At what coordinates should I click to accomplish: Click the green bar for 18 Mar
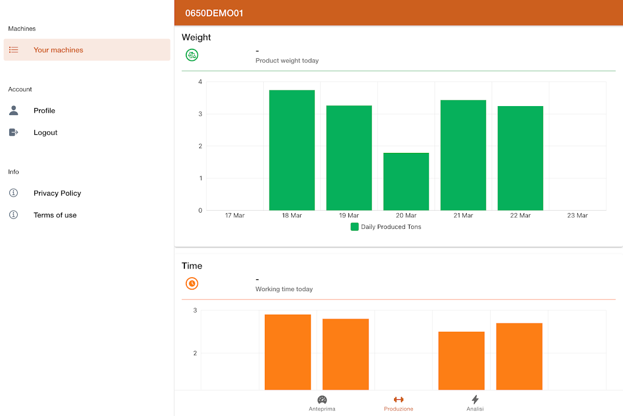pyautogui.click(x=292, y=150)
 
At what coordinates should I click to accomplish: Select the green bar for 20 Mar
pyautogui.click(x=406, y=181)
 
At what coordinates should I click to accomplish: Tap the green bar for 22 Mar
pyautogui.click(x=520, y=158)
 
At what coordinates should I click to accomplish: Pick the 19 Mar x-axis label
pyautogui.click(x=349, y=215)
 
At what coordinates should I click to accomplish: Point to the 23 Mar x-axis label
pyautogui.click(x=577, y=215)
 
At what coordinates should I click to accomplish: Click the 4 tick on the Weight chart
pyautogui.click(x=200, y=82)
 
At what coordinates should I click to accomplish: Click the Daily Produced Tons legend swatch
pyautogui.click(x=355, y=227)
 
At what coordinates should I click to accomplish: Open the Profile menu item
pyautogui.click(x=44, y=111)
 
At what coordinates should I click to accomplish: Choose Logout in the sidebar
pyautogui.click(x=45, y=133)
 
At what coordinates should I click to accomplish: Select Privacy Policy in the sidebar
pyautogui.click(x=57, y=193)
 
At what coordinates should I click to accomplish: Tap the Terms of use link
pyautogui.click(x=55, y=215)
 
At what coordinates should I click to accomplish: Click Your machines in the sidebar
pyautogui.click(x=58, y=50)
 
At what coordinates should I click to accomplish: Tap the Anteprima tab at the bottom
pyautogui.click(x=322, y=403)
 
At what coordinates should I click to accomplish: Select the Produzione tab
pyautogui.click(x=399, y=403)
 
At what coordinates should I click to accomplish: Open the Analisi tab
pyautogui.click(x=475, y=403)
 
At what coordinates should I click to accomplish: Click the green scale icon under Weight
pyautogui.click(x=192, y=55)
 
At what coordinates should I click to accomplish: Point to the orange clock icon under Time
pyautogui.click(x=192, y=283)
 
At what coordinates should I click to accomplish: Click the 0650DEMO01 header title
pyautogui.click(x=214, y=13)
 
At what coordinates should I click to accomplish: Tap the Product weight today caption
pyautogui.click(x=287, y=61)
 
